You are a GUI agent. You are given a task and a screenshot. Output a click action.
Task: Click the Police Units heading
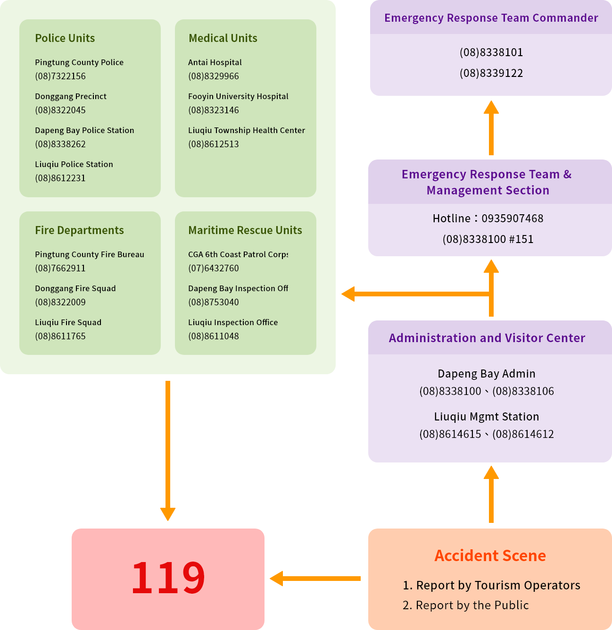(65, 38)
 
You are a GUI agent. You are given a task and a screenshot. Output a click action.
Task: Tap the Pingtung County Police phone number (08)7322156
(60, 76)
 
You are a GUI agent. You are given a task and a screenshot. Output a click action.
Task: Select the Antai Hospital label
(215, 62)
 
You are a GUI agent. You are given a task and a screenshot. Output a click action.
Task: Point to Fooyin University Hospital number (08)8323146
(214, 110)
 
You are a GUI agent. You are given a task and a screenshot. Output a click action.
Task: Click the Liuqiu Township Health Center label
(246, 130)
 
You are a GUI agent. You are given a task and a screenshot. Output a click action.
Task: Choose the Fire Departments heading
(79, 230)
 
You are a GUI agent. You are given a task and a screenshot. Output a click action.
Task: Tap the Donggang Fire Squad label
(75, 288)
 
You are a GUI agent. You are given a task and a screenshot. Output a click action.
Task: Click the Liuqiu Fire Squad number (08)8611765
(60, 336)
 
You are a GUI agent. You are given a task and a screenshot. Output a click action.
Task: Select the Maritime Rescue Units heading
(245, 230)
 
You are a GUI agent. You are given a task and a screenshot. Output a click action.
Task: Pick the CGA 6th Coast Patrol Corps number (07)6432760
(214, 268)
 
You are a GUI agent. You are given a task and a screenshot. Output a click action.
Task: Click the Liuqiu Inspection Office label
(233, 322)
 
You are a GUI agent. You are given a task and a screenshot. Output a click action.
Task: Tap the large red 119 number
(168, 578)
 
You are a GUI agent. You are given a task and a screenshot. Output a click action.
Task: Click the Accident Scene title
(490, 556)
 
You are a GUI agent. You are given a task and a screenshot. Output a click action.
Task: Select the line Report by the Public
(472, 605)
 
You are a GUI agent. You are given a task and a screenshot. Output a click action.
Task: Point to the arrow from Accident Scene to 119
(316, 578)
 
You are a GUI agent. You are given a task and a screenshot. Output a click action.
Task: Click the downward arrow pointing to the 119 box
(168, 448)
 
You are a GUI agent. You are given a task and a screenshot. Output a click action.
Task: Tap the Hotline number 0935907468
(512, 218)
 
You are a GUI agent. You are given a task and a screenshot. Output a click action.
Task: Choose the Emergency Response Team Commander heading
(491, 18)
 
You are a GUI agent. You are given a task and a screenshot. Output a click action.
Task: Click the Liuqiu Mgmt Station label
(486, 417)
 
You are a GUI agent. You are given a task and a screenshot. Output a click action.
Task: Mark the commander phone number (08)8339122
(491, 73)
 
